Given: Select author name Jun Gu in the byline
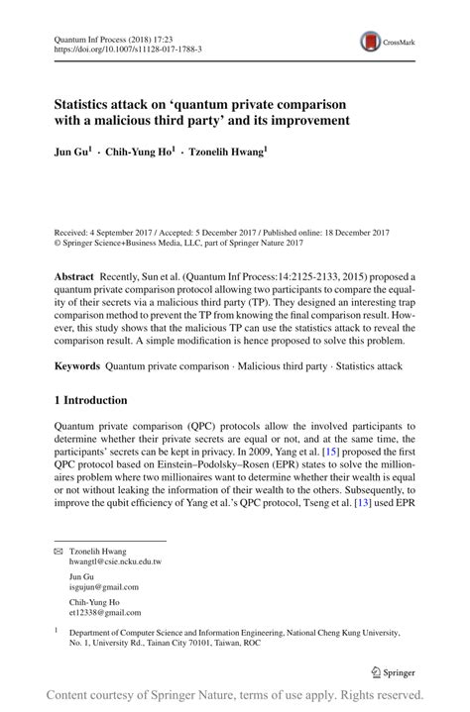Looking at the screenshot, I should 71,154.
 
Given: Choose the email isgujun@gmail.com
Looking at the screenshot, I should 103,586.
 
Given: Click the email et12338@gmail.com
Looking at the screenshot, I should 103,612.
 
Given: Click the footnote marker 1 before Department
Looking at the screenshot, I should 57,630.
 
